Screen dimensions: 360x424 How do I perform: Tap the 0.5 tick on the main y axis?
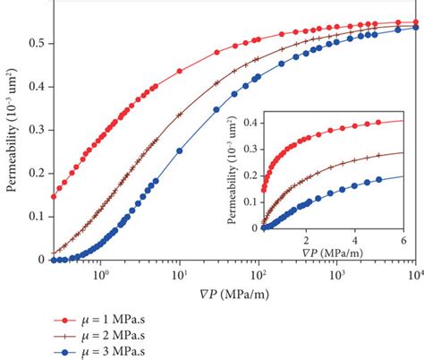point(37,43)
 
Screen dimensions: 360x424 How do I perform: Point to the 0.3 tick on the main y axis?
point(37,130)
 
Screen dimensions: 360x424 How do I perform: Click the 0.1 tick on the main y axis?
point(37,216)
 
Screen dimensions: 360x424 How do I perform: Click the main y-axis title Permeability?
point(11,134)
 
